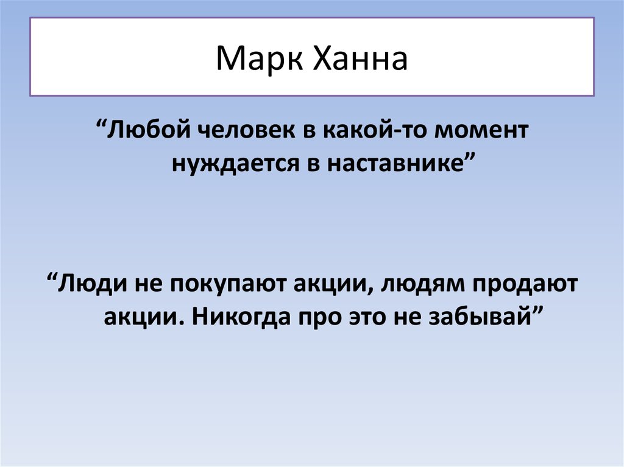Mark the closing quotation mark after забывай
point(537,311)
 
